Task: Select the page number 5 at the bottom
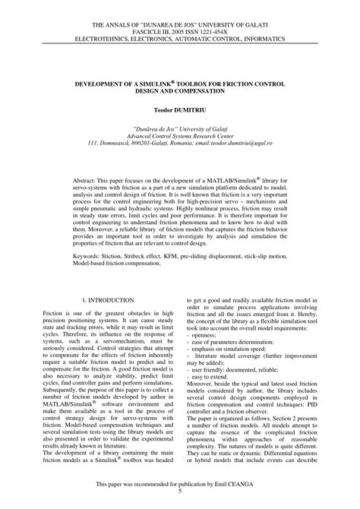[x=180, y=490]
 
